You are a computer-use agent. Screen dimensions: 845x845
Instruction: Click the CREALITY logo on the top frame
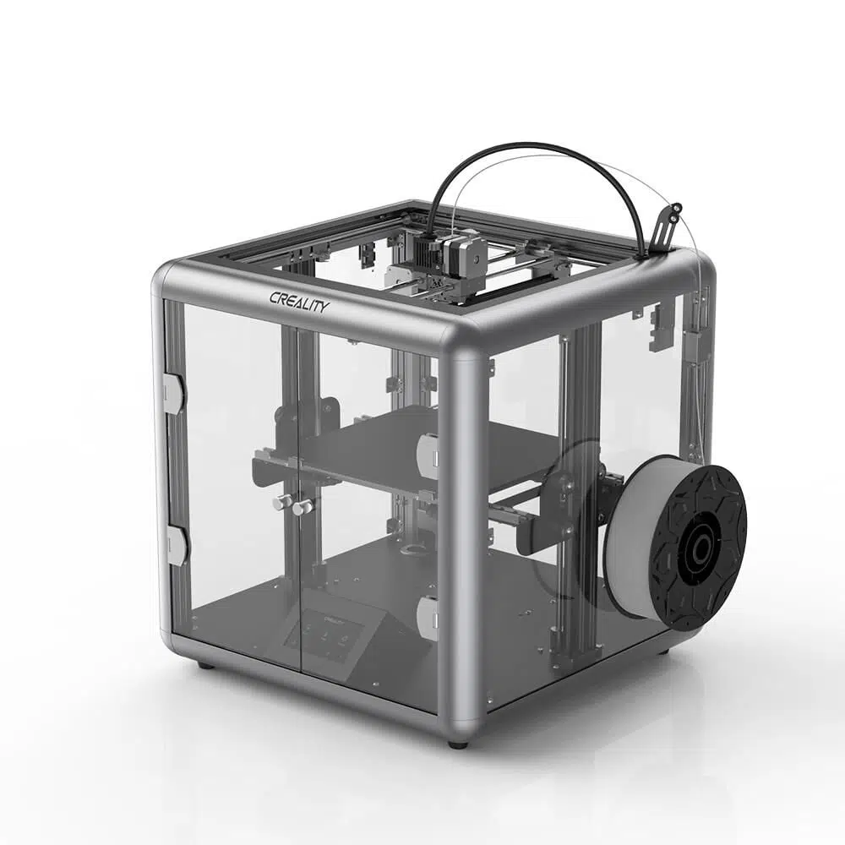coord(299,301)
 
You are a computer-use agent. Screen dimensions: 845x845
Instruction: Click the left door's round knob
coord(280,503)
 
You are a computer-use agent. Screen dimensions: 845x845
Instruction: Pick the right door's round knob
coord(303,507)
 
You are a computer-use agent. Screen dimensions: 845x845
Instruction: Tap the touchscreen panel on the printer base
coord(324,635)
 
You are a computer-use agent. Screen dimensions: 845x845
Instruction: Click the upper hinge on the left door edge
coord(173,393)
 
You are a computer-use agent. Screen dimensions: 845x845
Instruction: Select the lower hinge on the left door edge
coord(176,545)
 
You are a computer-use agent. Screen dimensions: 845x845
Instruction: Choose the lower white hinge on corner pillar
coord(428,618)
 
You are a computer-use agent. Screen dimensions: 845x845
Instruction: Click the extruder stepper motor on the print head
coord(469,253)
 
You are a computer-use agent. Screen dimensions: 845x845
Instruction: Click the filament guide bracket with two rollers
coord(667,221)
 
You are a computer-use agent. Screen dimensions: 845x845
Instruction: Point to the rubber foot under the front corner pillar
coord(457,744)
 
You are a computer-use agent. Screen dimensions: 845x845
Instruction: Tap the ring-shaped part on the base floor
coord(414,552)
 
